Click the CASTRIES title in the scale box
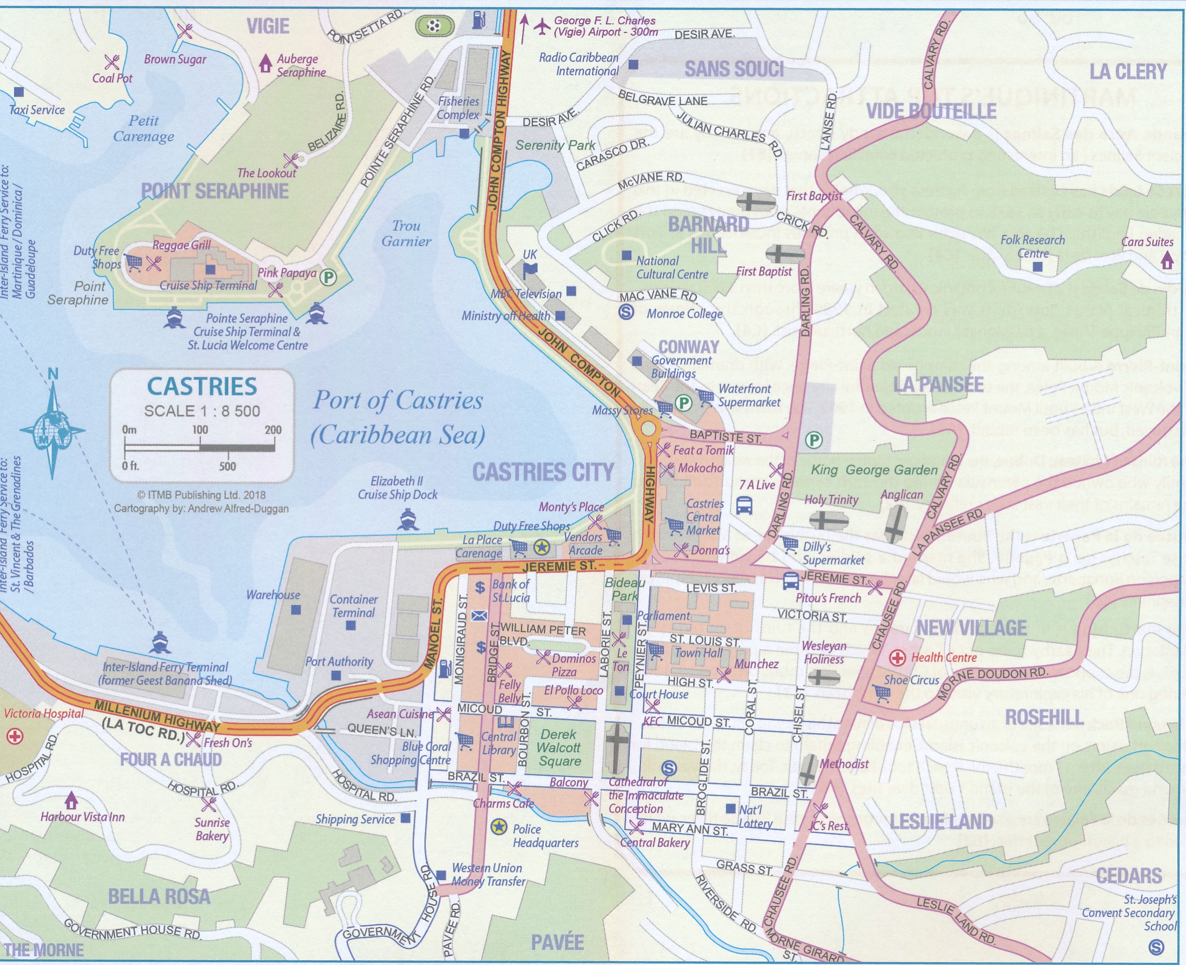click(202, 387)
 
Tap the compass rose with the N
click(53, 430)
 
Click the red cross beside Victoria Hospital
click(15, 737)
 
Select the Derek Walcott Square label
click(560, 748)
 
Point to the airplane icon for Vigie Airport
click(541, 26)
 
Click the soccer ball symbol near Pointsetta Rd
click(434, 26)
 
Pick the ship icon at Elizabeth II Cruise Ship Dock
click(409, 520)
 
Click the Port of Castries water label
click(397, 417)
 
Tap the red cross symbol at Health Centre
click(896, 658)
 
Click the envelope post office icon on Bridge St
click(479, 616)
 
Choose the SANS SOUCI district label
click(734, 69)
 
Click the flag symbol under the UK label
click(530, 271)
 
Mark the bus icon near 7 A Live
click(745, 505)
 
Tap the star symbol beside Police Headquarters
click(499, 827)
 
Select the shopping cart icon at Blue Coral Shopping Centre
click(465, 740)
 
